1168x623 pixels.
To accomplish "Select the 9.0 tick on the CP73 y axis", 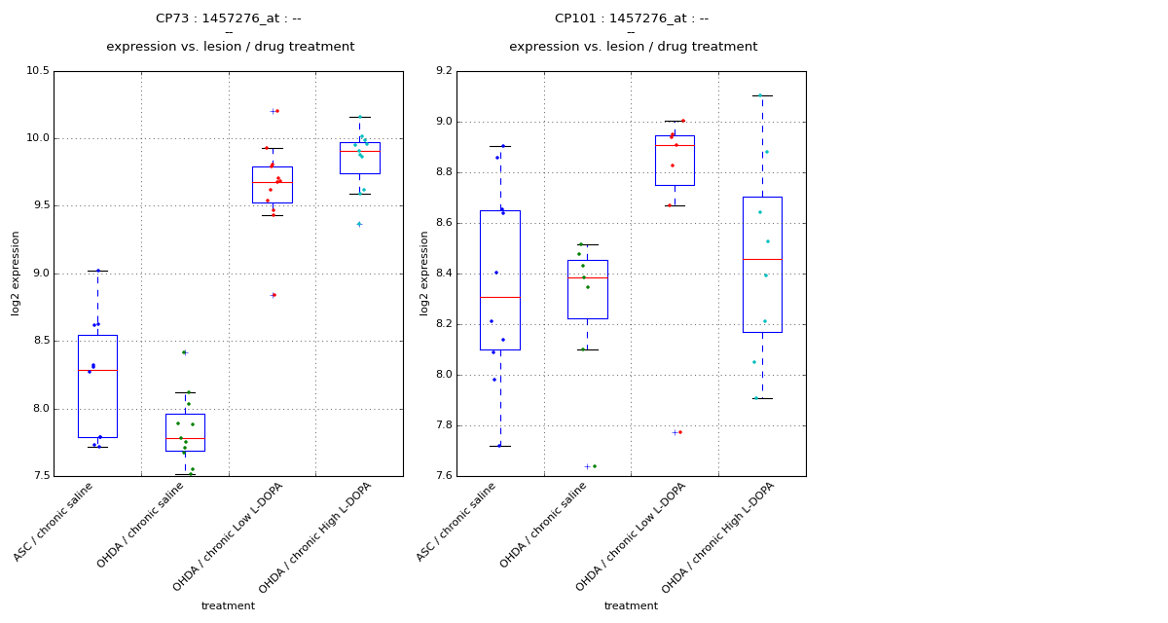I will point(39,274).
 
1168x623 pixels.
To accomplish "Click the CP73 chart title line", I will point(229,18).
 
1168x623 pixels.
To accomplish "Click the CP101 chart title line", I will point(632,18).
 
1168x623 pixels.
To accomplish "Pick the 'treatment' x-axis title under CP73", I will point(228,605).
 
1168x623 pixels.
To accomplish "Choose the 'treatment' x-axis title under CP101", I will point(631,605).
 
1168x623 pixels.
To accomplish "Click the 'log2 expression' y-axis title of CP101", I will point(424,274).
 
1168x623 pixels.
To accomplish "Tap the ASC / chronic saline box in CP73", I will point(97,386).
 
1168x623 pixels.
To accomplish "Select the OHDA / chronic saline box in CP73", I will point(185,432).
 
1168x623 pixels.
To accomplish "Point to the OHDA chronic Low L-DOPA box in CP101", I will point(675,161).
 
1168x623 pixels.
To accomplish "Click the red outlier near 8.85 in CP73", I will point(274,295).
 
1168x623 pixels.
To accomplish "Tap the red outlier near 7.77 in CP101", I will point(679,432).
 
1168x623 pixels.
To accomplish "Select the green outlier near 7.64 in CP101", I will point(594,466).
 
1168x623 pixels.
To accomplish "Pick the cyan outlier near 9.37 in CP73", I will point(359,224).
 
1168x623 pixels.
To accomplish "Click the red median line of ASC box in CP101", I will point(499,297).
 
